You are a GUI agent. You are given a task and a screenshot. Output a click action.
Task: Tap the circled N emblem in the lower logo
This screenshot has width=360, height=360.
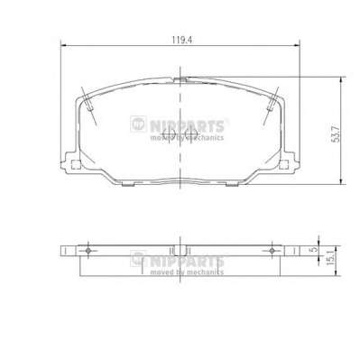(138, 259)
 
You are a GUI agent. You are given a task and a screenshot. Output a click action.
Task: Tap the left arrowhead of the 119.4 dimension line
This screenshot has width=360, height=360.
(61, 47)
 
